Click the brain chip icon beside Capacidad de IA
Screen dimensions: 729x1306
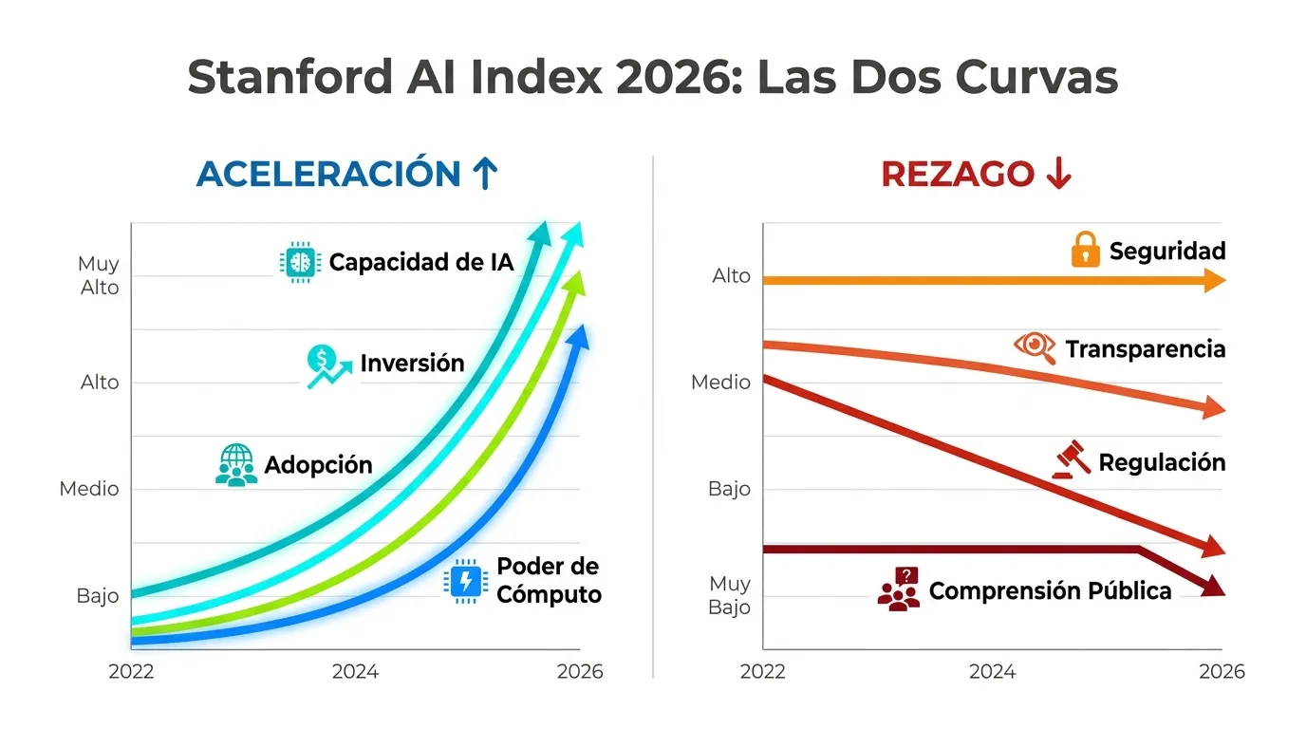pos(301,261)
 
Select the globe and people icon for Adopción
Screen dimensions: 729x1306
pos(235,465)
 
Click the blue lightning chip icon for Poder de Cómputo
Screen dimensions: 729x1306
pos(465,581)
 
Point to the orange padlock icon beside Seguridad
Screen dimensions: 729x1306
pos(1085,251)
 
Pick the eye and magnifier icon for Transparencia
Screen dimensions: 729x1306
pos(1035,347)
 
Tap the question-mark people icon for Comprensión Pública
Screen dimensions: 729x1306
pos(899,589)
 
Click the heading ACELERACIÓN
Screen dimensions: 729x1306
pos(328,175)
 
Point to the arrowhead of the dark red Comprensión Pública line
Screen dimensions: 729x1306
pos(1212,587)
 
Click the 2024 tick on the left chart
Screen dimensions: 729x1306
pos(355,672)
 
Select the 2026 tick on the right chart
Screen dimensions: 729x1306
pos(1222,672)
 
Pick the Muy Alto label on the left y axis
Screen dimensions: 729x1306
pos(100,275)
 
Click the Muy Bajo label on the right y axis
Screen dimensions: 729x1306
pos(729,595)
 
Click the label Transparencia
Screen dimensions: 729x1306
pos(1145,349)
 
